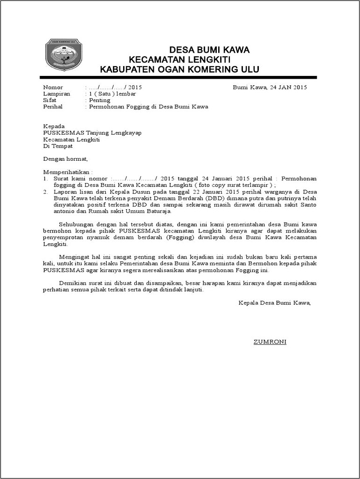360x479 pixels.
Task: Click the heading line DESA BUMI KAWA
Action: point(209,50)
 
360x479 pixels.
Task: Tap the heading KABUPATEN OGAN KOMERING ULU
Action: point(180,70)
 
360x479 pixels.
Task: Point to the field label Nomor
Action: point(53,88)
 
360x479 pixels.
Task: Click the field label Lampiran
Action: point(56,94)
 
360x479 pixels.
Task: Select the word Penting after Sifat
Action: point(99,100)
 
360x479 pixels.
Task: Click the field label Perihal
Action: point(53,107)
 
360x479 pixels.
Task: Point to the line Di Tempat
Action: point(56,146)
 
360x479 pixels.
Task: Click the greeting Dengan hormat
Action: point(65,158)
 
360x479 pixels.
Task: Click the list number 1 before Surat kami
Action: point(45,178)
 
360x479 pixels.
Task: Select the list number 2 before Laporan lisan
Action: point(45,192)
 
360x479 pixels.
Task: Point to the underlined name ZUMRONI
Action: point(270,342)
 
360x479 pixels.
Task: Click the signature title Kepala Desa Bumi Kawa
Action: point(274,302)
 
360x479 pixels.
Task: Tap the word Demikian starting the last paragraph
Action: point(75,283)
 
